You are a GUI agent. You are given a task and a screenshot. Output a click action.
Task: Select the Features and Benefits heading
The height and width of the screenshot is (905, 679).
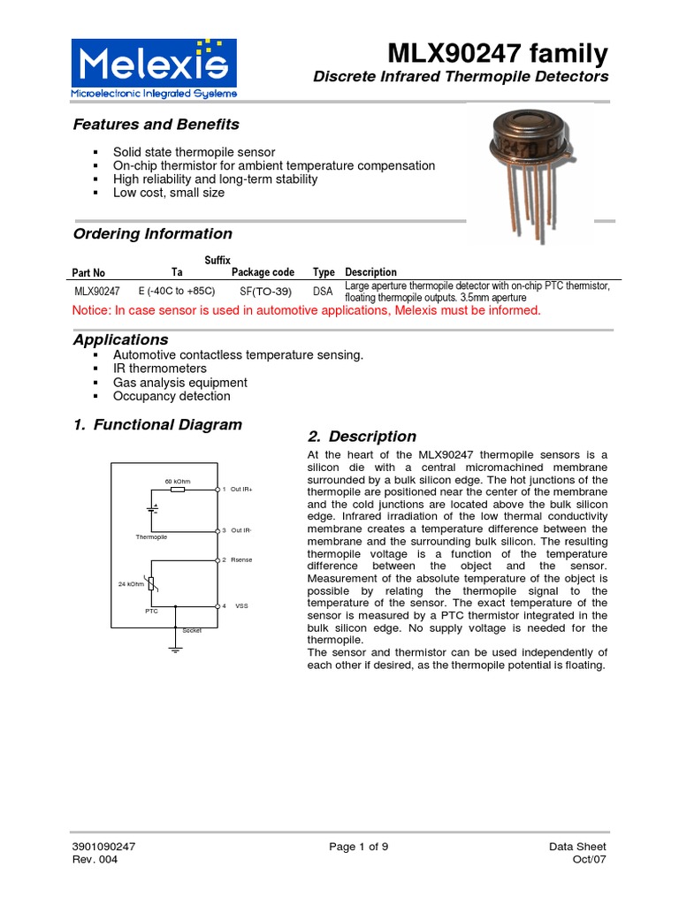156,125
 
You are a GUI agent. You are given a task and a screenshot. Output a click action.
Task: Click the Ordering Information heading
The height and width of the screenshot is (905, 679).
152,234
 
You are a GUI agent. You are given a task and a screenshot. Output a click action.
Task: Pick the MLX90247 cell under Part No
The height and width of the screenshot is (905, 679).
96,291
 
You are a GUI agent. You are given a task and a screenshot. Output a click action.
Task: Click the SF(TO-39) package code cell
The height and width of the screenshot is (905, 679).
267,291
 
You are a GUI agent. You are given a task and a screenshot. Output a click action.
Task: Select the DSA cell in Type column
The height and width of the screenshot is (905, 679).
324,291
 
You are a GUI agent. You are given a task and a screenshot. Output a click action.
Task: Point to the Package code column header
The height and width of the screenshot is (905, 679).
263,272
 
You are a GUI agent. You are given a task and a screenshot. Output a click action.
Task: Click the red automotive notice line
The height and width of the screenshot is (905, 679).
305,311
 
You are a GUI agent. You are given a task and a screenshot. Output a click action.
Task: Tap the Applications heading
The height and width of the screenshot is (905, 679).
120,339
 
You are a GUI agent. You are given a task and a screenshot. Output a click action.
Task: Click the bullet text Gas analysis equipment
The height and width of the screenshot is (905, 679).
180,383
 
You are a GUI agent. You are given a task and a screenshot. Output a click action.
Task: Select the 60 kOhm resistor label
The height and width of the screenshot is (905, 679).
179,481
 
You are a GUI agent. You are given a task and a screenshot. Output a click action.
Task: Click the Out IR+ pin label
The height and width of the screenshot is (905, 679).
241,489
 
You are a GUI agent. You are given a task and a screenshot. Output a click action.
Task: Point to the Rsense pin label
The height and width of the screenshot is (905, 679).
241,559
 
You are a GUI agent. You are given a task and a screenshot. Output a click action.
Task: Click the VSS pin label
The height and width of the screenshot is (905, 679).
241,605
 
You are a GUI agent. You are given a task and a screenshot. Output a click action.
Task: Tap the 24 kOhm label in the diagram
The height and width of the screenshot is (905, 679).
132,584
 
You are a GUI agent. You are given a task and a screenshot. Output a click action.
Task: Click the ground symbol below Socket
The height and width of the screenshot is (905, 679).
176,650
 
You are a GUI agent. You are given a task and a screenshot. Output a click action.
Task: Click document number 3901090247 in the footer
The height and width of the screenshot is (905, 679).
103,847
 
